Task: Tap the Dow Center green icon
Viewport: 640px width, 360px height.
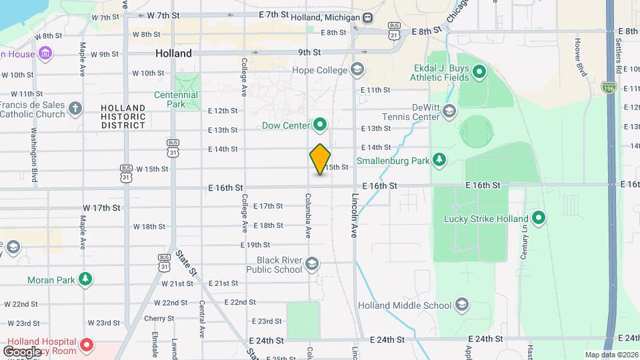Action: click(320, 125)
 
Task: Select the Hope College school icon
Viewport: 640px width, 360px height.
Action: click(357, 69)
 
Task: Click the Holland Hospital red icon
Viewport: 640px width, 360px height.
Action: click(86, 345)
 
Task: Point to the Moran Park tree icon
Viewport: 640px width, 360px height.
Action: click(85, 279)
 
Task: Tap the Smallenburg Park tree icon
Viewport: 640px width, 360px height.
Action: click(439, 160)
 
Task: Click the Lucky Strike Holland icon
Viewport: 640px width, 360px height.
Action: click(539, 218)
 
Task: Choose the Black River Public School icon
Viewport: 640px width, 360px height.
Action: click(311, 265)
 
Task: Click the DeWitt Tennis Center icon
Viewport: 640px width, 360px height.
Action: click(449, 111)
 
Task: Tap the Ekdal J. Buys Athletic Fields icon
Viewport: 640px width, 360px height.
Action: click(479, 71)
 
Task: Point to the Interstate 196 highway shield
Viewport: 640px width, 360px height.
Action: click(608, 87)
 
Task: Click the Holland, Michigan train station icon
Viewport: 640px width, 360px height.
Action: click(368, 17)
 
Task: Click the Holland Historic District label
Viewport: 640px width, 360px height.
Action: click(123, 116)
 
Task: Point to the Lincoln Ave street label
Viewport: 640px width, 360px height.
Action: click(355, 217)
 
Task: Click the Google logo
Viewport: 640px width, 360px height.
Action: click(21, 351)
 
